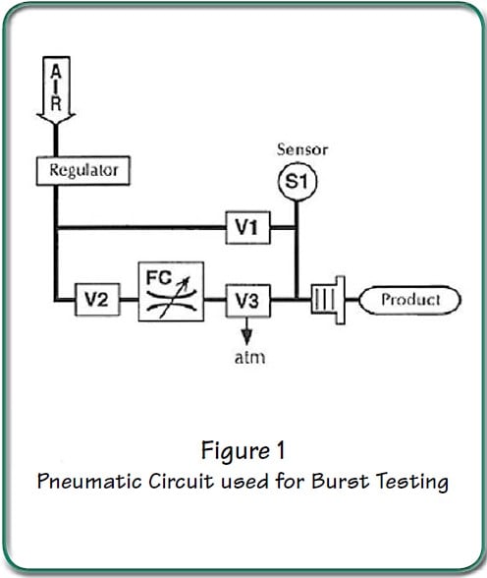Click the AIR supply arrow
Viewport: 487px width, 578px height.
click(x=56, y=90)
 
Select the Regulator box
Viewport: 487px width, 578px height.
click(x=83, y=171)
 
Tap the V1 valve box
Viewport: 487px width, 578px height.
click(x=247, y=227)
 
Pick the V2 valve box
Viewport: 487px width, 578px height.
click(x=97, y=299)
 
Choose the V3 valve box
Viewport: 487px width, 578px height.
click(x=247, y=301)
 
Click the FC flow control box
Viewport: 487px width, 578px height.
click(x=171, y=291)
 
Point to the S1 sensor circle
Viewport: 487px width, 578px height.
click(x=298, y=181)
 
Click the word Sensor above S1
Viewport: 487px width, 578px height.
click(x=302, y=149)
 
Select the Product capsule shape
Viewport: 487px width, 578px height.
click(x=410, y=300)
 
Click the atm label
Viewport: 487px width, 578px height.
click(x=250, y=358)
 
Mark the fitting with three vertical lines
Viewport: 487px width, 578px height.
click(x=328, y=300)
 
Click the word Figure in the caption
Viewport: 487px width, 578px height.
click(x=235, y=451)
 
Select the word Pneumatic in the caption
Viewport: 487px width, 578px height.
click(x=89, y=481)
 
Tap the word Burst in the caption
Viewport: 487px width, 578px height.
click(x=340, y=481)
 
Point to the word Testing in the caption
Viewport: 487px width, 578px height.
click(x=412, y=482)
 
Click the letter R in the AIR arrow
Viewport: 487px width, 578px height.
click(x=56, y=103)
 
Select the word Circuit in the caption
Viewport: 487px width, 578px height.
click(x=181, y=481)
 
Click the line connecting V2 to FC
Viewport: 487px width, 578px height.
click(x=130, y=300)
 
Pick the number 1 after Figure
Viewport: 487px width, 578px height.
click(x=281, y=450)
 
